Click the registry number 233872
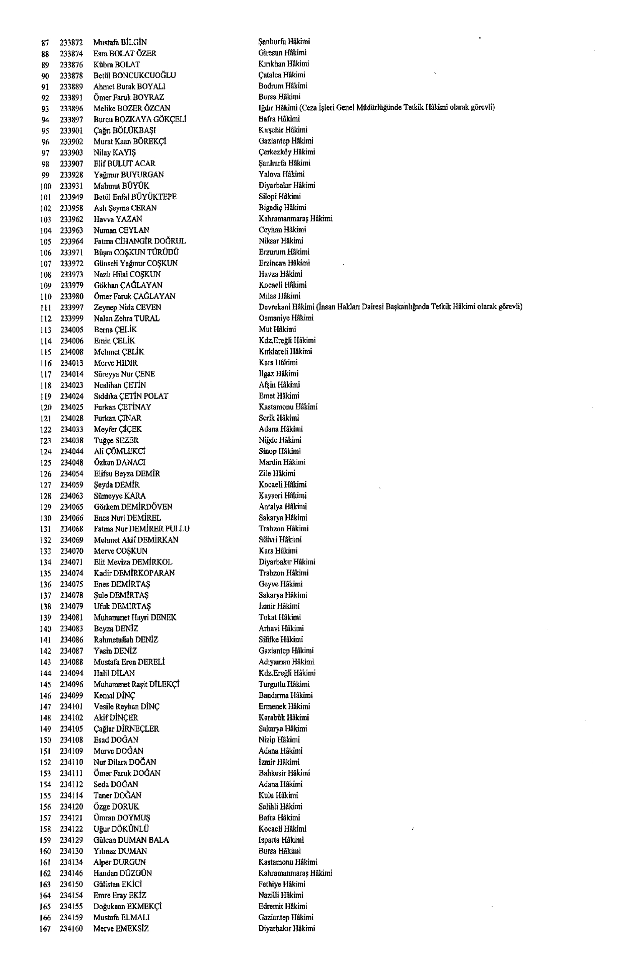(x=71, y=42)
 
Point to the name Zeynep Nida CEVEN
(x=127, y=307)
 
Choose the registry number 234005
(x=71, y=330)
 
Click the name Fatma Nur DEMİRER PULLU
(x=142, y=529)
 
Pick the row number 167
(x=45, y=929)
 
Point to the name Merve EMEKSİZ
(x=121, y=929)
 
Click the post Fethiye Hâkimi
(x=282, y=884)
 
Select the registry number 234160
(x=71, y=929)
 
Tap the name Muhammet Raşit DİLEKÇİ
(x=137, y=684)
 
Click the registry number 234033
(x=71, y=430)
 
